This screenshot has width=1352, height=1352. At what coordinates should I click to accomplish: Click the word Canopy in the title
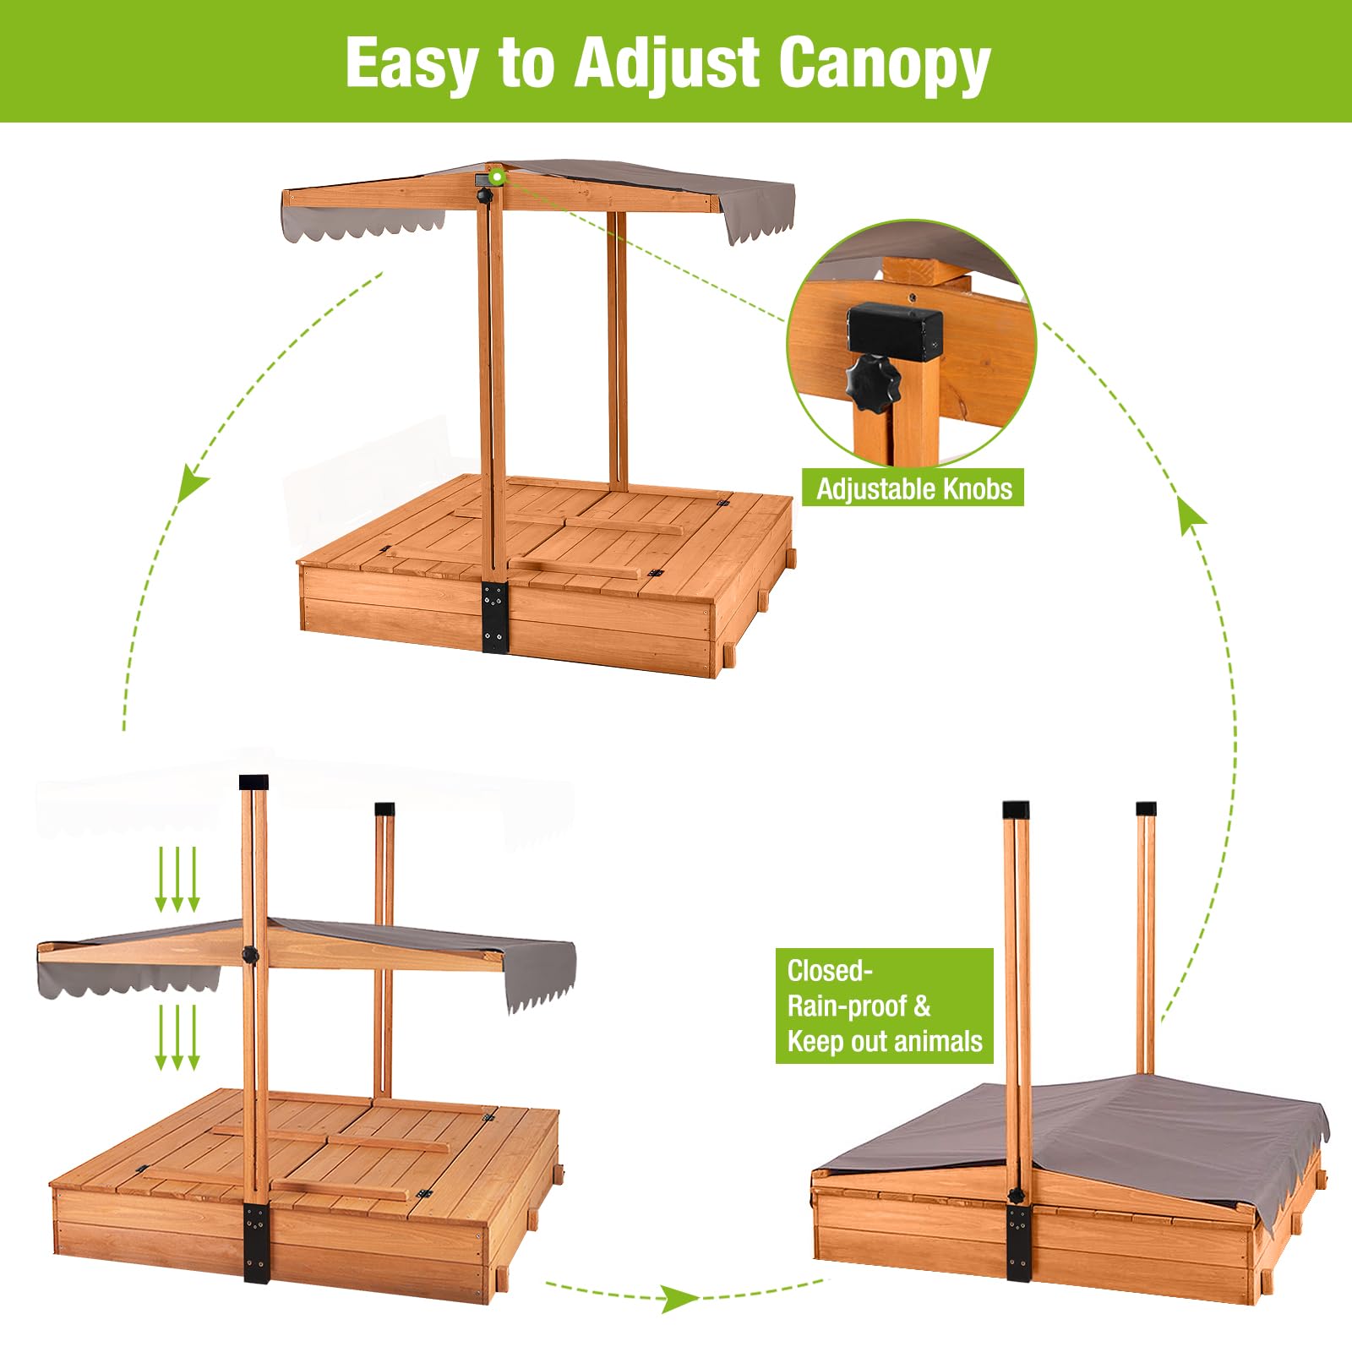(x=884, y=64)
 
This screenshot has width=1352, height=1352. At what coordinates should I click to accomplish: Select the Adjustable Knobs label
(x=913, y=488)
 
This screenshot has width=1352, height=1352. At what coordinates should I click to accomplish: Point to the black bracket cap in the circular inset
(x=895, y=333)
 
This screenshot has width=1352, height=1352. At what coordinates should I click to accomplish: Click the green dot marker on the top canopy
(x=497, y=177)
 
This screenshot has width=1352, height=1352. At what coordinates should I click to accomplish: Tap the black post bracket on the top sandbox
(x=494, y=617)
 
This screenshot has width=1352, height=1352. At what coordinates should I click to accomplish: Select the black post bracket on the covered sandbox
(x=1019, y=1242)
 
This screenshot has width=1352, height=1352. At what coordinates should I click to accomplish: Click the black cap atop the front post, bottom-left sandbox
(x=253, y=782)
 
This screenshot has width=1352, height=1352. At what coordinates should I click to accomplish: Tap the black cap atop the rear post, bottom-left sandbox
(x=384, y=808)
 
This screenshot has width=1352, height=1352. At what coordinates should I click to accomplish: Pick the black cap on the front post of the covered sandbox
(x=1017, y=809)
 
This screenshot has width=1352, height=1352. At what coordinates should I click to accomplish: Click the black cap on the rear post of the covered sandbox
(x=1146, y=808)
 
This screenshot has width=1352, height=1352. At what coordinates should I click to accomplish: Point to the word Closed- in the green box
(x=830, y=971)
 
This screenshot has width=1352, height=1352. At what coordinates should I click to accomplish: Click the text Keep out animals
(x=885, y=1041)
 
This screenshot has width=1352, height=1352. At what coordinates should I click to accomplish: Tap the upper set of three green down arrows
(x=177, y=880)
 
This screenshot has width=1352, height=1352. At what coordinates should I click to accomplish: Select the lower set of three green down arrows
(x=177, y=1038)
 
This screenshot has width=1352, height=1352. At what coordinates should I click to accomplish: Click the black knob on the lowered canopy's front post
(x=249, y=954)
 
